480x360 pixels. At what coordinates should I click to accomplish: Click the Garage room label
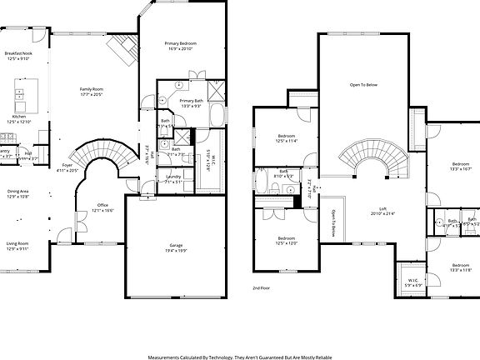(x=176, y=245)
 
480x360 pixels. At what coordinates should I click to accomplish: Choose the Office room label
(x=102, y=205)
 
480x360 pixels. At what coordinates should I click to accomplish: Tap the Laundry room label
(x=173, y=177)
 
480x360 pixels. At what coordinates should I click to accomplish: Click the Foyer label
(x=67, y=165)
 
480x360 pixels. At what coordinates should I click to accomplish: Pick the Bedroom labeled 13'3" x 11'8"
(x=461, y=266)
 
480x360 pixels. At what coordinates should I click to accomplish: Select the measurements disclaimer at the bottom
(x=240, y=355)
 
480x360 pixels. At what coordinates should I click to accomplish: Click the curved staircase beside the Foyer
(x=100, y=155)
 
